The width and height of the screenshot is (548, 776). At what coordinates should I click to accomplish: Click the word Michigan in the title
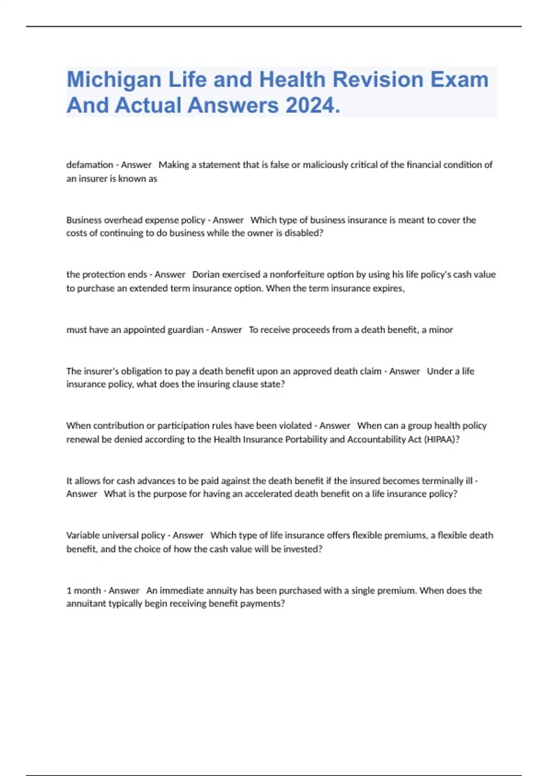[x=114, y=80]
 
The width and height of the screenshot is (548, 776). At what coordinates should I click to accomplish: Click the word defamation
[x=90, y=165]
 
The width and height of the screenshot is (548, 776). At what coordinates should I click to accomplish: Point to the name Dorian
[x=206, y=275]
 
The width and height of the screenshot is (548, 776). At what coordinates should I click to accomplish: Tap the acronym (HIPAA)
[x=442, y=440]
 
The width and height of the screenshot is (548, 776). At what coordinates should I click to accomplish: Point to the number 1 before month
[x=69, y=591]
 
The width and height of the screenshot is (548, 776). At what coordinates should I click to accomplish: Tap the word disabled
[x=304, y=233]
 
